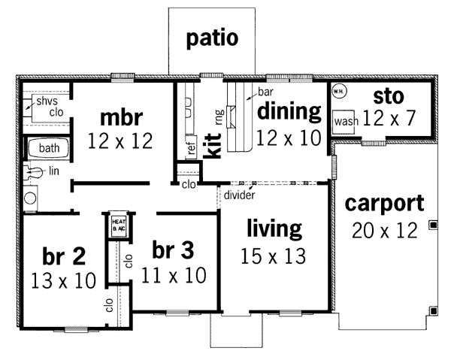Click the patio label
coord(212,39)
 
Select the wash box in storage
coord(344,122)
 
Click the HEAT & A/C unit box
coord(119,225)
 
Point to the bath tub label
coord(49,148)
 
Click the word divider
coord(239,195)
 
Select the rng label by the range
coord(219,117)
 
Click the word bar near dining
coord(265,92)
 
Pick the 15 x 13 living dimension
coord(273,256)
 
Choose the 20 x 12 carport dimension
coord(385,230)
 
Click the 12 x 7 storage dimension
coord(389,118)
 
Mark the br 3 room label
coord(173,250)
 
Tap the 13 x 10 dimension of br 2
coord(63,280)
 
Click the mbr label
coord(121,117)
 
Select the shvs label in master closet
coord(47,101)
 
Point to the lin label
coord(54,171)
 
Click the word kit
coord(213,146)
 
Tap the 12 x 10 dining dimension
coord(289,138)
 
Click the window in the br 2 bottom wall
coord(76,329)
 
